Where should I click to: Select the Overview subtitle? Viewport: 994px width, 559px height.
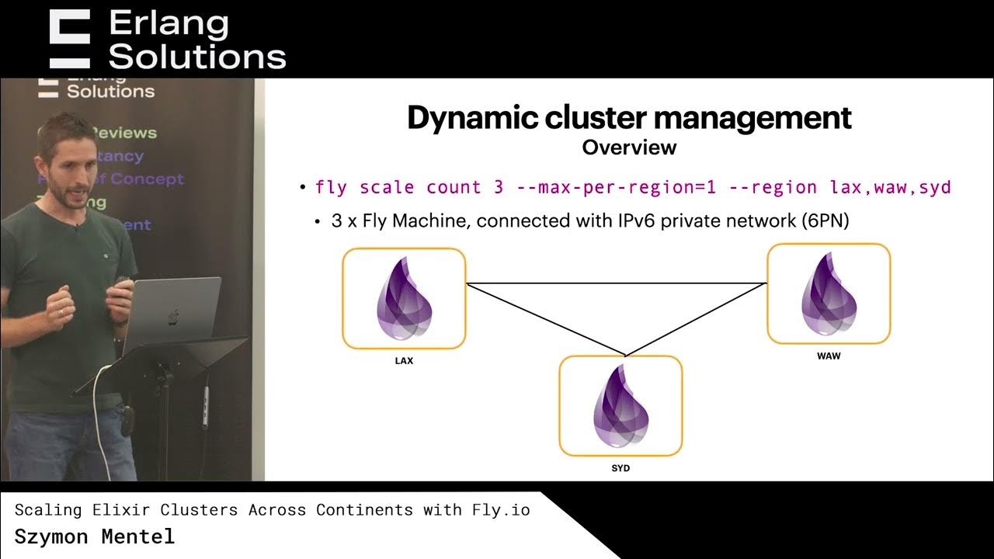[x=629, y=148]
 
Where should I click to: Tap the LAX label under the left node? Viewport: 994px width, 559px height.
[x=404, y=360]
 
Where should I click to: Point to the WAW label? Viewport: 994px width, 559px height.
[x=829, y=356]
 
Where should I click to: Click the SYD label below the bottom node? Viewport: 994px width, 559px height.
[x=620, y=469]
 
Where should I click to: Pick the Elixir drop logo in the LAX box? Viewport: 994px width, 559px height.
[x=404, y=298]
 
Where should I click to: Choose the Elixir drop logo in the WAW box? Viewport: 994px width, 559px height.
[x=829, y=293]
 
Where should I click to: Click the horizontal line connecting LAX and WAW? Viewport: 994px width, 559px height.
[x=616, y=283]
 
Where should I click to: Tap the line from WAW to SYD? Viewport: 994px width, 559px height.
[x=697, y=319]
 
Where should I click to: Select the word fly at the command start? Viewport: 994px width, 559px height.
[x=332, y=188]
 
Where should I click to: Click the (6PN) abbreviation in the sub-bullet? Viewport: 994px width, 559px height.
[x=825, y=221]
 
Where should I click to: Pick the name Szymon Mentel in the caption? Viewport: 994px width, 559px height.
[x=95, y=536]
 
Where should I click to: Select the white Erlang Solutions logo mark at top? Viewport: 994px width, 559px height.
[x=70, y=39]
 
